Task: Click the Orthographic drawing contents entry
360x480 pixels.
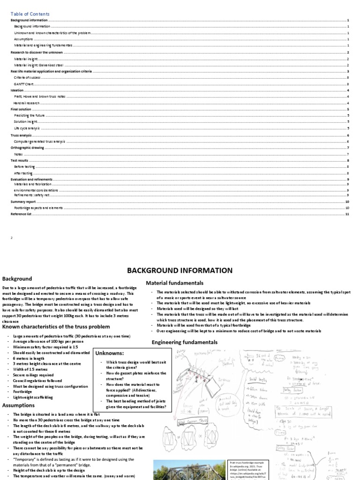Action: click(27, 148)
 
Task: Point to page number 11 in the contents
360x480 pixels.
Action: click(347, 214)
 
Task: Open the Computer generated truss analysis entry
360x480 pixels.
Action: click(40, 141)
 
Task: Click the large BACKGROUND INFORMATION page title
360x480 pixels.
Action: click(180, 270)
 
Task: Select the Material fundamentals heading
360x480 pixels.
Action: click(174, 283)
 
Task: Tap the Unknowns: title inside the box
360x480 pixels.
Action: click(111, 352)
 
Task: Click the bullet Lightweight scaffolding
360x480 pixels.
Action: click(33, 397)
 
